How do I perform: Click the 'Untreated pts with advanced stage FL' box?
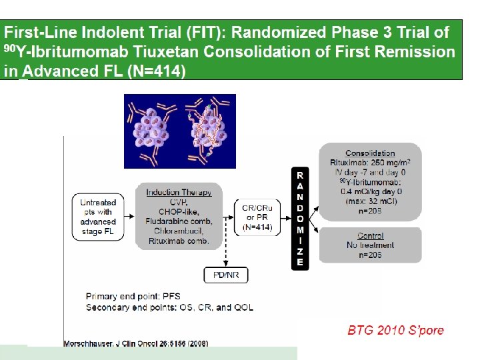tap(98, 217)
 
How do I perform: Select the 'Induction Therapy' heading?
tap(179, 193)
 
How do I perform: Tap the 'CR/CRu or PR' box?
tap(256, 217)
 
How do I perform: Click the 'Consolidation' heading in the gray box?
tap(370, 153)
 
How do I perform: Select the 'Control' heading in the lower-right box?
tap(370, 235)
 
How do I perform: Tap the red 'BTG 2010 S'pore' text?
tap(396, 330)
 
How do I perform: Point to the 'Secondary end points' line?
tap(169, 307)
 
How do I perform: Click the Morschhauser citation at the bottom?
tap(135, 344)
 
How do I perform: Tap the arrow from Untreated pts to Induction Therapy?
tap(129, 217)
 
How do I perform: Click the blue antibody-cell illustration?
tap(179, 131)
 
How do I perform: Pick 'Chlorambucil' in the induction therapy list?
tap(179, 231)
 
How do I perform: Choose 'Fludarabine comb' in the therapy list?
tap(179, 221)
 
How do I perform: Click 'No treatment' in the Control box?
tap(370, 245)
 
